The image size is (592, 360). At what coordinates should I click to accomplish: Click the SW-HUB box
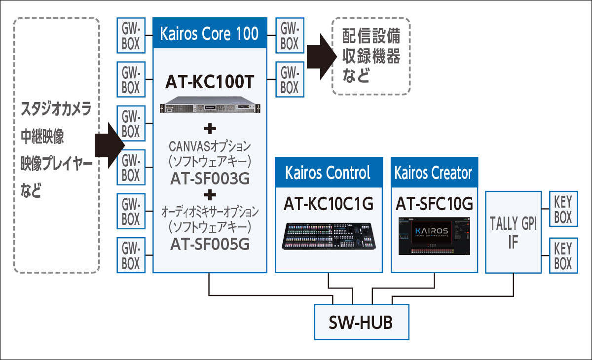click(360, 322)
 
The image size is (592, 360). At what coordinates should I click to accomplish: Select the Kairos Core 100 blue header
click(209, 34)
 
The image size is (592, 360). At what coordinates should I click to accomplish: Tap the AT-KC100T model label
click(209, 82)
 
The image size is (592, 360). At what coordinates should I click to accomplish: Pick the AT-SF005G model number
click(210, 244)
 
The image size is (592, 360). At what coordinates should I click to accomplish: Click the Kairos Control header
click(329, 172)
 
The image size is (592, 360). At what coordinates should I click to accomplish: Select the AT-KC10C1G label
click(329, 204)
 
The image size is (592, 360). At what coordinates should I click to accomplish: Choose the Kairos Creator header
click(434, 172)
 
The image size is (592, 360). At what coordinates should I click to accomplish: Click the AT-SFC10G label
click(434, 204)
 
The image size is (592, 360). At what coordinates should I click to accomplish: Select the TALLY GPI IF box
click(513, 232)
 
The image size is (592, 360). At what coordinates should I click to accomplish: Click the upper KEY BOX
click(563, 210)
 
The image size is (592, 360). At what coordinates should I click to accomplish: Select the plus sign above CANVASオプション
click(210, 129)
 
